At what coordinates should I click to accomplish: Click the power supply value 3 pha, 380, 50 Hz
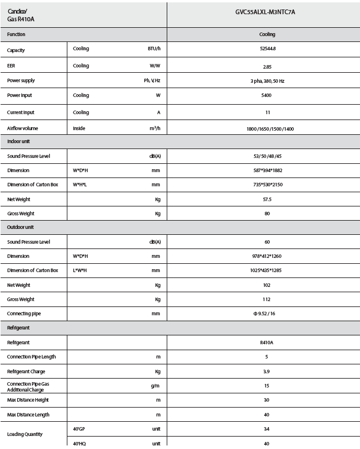coord(267,80)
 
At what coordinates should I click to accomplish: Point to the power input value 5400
coord(267,95)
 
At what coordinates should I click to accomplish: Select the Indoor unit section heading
coord(20,142)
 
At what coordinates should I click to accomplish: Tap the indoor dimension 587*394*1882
coord(267,170)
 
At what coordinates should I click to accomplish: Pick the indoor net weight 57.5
coord(267,199)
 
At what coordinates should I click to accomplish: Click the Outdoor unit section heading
coord(21,227)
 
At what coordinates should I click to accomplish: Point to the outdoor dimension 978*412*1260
coord(267,256)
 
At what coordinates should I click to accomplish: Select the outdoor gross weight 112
coord(267,299)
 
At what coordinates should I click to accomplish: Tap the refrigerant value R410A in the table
coord(267,343)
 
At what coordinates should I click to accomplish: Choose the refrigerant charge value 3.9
coord(267,372)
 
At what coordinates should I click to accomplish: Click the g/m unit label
coord(155,386)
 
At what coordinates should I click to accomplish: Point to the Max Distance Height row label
coord(28,400)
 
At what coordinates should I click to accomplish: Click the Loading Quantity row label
coord(25,434)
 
